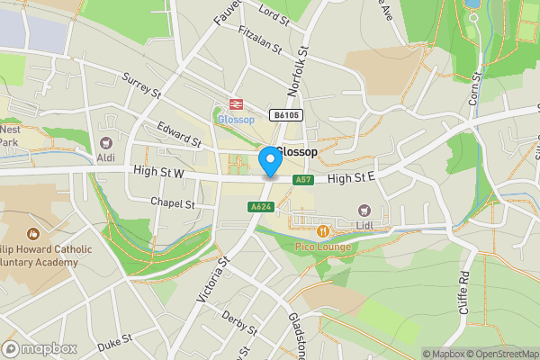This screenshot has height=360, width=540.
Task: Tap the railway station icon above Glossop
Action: (x=237, y=104)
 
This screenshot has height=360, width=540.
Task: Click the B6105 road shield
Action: (x=286, y=116)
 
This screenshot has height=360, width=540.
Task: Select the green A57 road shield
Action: (x=303, y=180)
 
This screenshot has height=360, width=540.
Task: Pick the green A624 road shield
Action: (x=260, y=207)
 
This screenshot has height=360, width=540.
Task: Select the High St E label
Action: (x=350, y=179)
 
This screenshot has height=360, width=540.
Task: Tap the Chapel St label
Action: (x=172, y=203)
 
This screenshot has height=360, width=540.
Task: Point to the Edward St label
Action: (x=177, y=132)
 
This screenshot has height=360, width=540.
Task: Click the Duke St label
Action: (x=114, y=340)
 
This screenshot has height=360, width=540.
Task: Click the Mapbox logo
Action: (x=40, y=348)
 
